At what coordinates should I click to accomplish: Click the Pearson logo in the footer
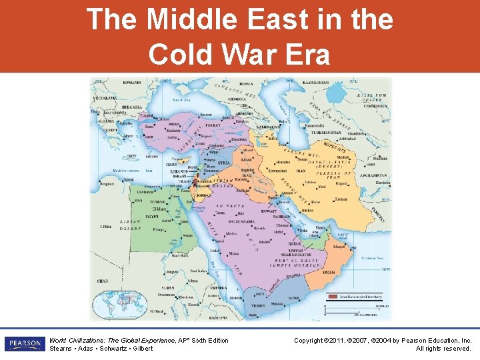(23, 343)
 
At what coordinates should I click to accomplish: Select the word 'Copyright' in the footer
(309, 341)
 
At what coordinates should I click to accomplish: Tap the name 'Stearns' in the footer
(61, 349)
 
